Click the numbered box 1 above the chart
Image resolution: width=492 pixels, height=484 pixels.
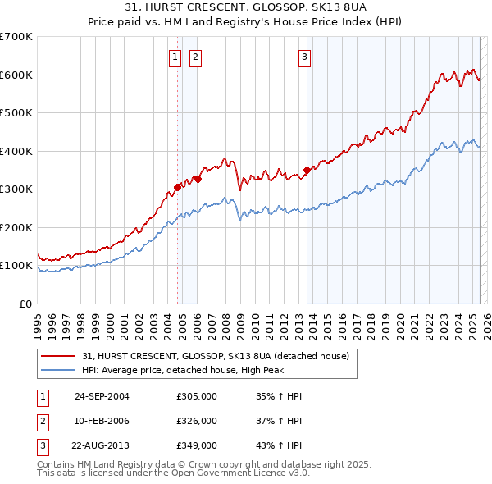point(175,57)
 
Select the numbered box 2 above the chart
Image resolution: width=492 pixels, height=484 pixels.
point(196,57)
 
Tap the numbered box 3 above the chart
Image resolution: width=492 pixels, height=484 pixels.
point(304,57)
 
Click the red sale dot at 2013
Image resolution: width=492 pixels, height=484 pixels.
point(307,171)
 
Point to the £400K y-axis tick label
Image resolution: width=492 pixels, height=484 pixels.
point(16,151)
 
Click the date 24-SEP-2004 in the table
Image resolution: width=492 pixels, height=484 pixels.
point(102,396)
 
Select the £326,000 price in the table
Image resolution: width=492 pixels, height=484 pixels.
point(197,421)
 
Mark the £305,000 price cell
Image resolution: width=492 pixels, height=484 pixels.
point(197,396)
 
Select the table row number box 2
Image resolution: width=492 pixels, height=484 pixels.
point(41,421)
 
